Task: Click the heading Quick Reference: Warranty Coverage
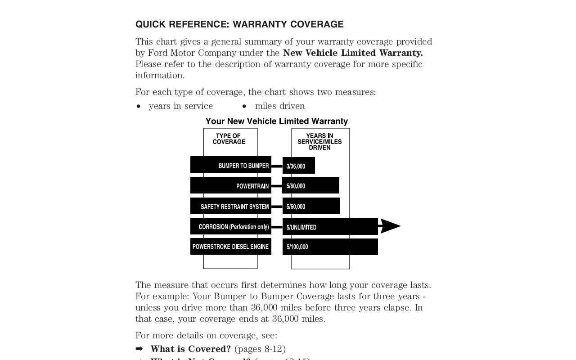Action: coord(239,24)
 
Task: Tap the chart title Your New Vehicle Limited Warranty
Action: coord(276,121)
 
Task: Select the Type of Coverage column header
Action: coord(229,139)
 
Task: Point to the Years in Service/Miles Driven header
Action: coord(319,141)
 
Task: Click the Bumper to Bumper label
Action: coord(243,166)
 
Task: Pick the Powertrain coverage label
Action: coord(252,186)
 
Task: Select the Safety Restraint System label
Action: coord(234,207)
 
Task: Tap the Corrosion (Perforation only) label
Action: coord(234,227)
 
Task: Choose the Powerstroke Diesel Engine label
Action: coord(230,247)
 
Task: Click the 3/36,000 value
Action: coord(296,166)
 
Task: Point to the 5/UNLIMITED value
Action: coord(301,227)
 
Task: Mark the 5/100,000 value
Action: coord(297,247)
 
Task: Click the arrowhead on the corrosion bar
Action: coord(390,226)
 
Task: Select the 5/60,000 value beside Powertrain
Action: coord(296,186)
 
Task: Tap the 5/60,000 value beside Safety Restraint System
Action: coord(296,207)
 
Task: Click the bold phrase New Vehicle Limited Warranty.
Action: coord(353,53)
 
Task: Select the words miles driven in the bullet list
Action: coord(280,106)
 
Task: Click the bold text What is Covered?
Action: coord(190,349)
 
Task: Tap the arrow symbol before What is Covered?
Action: coord(139,349)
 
